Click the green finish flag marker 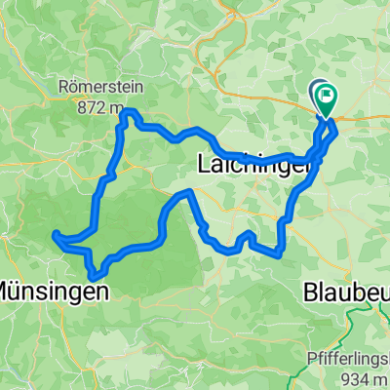[325, 96]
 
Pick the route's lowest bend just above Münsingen [94, 276]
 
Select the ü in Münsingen [19, 291]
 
